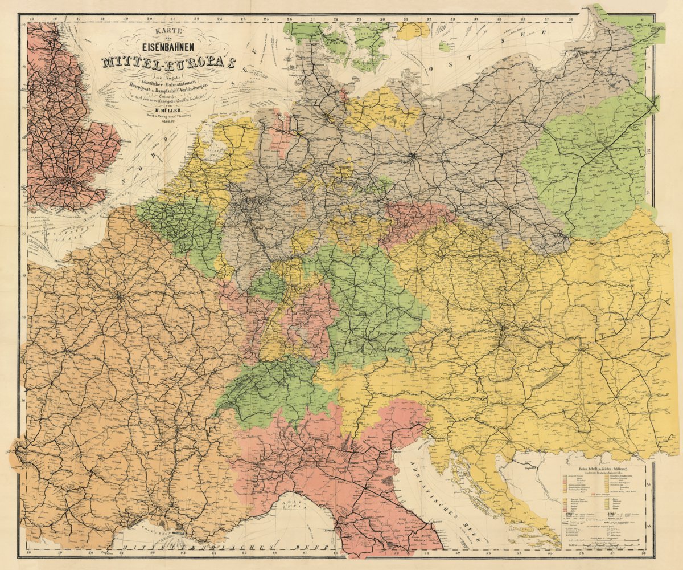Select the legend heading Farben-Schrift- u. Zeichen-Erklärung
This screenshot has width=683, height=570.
pyautogui.click(x=602, y=469)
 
